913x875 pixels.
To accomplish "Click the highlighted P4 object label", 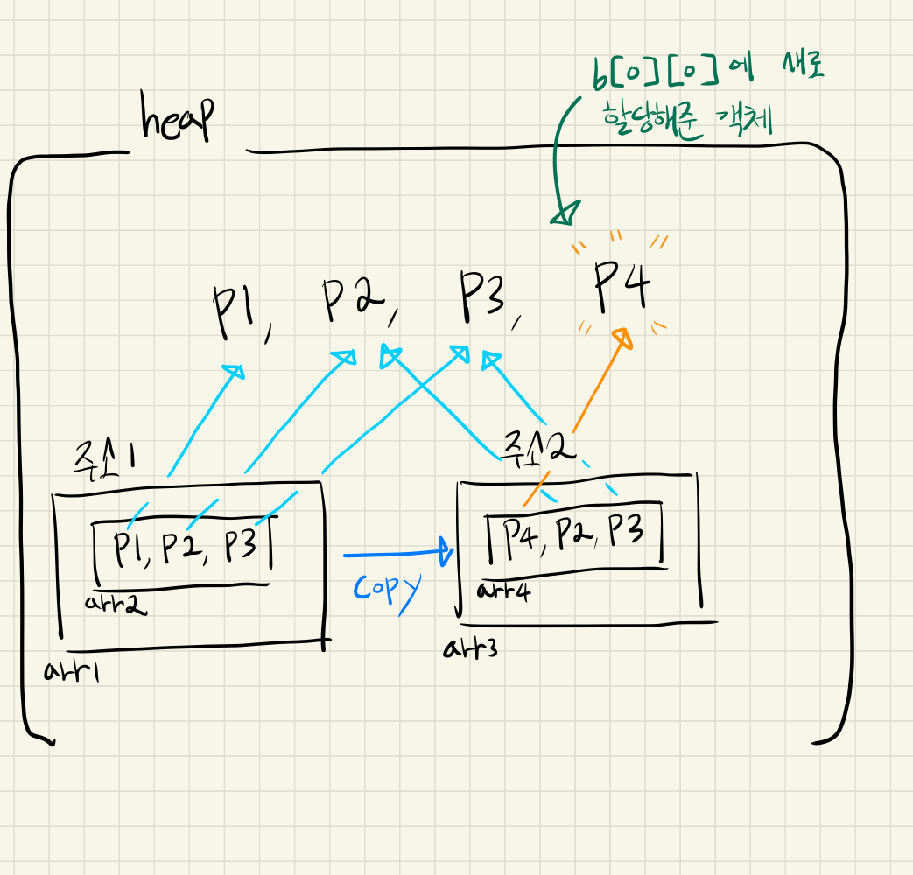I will pos(621,287).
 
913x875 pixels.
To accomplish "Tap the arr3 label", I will pos(471,648).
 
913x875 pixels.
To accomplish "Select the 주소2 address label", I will pos(537,449).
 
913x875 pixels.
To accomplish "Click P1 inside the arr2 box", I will pos(130,549).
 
